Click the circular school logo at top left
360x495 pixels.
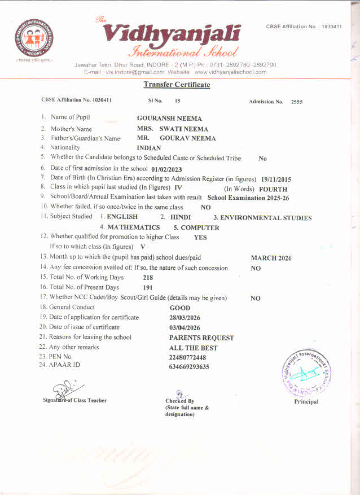click(36, 38)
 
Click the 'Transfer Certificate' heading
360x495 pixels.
click(177, 85)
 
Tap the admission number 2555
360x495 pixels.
click(297, 102)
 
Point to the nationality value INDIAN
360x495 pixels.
click(149, 148)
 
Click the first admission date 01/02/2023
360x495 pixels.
click(167, 169)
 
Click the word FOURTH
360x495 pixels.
click(273, 189)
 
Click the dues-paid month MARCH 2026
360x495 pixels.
click(271, 258)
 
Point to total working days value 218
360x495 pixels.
click(148, 278)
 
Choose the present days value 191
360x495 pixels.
click(148, 288)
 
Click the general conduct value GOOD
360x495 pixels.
click(180, 308)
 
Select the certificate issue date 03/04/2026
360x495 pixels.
click(185, 327)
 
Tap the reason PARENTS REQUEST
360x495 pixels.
click(201, 338)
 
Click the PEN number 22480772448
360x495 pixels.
click(187, 358)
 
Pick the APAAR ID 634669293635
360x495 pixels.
click(189, 367)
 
